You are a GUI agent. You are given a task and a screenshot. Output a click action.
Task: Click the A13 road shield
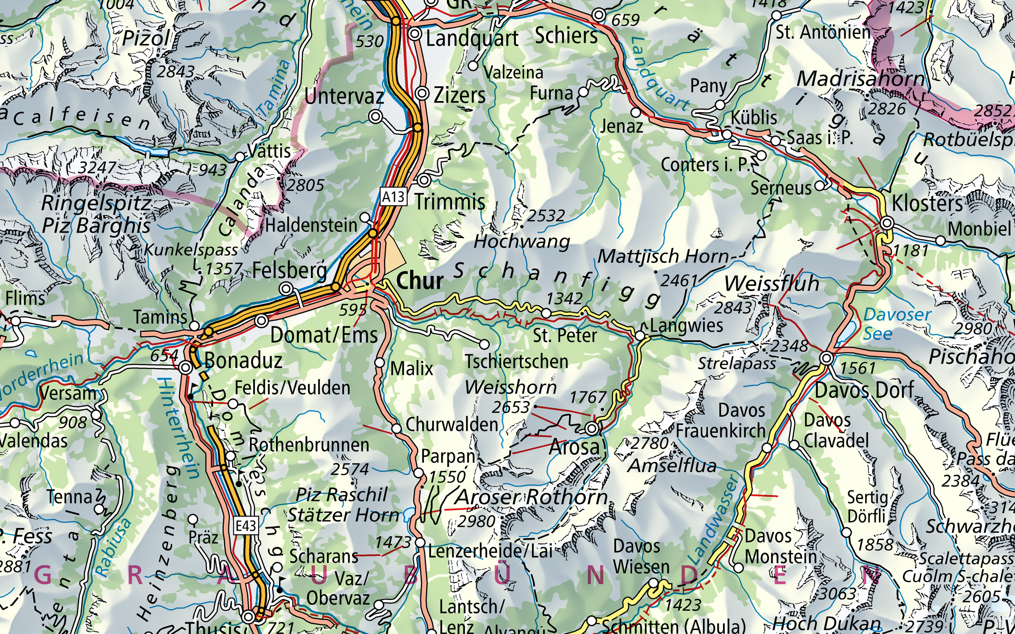point(393,197)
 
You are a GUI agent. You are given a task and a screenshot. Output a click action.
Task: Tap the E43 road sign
point(246,526)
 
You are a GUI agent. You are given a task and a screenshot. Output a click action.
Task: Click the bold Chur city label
point(420,281)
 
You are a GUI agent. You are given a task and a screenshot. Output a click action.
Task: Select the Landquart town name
point(472,39)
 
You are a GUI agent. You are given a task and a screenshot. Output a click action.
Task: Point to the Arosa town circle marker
point(592,428)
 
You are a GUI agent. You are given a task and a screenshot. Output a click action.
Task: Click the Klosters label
point(927,204)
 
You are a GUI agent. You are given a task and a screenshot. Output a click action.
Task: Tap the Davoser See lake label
point(897,324)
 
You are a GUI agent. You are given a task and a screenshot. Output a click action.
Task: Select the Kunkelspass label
point(191,250)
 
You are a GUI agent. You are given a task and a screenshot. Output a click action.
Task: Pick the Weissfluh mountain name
point(771,283)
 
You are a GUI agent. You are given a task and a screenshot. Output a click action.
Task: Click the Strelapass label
point(736,363)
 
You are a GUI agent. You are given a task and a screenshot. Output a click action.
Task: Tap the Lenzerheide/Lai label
point(490,551)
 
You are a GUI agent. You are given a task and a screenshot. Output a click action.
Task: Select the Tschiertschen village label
point(516,362)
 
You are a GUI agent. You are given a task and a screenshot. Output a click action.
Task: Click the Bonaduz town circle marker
point(186,368)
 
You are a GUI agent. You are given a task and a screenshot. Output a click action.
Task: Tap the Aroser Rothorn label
point(532,497)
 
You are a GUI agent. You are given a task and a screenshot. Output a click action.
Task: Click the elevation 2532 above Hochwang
point(546,215)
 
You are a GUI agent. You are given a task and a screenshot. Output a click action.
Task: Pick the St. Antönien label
point(822,33)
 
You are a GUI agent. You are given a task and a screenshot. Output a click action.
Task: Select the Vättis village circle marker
point(240,157)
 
